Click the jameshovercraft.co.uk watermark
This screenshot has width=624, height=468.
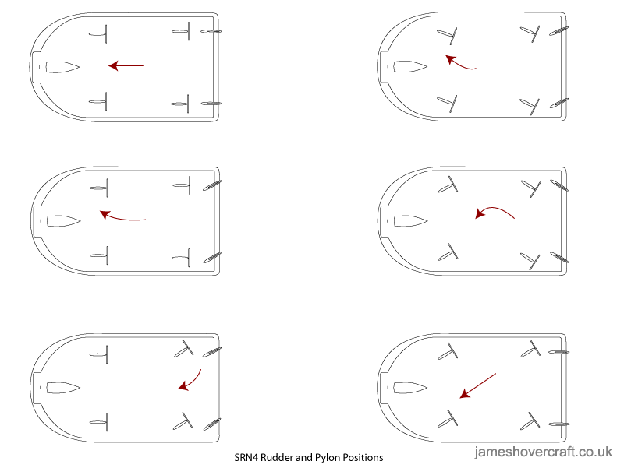point(543,452)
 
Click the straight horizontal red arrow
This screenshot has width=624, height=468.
point(126,65)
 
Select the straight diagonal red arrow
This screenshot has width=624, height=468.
point(477,385)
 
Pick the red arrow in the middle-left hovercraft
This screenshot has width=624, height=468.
point(122,218)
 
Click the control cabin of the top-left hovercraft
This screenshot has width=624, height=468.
point(62,67)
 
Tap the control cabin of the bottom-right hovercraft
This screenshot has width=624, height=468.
point(410,388)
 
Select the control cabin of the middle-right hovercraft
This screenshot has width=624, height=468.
point(411,221)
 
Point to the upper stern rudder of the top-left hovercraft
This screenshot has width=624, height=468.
point(211,31)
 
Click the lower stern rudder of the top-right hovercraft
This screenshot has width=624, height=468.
point(559,104)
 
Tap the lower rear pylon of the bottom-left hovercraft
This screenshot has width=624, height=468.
point(183,421)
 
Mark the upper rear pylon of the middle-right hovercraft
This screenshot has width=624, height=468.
point(531,188)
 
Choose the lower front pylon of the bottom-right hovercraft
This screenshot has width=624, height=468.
point(448,419)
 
